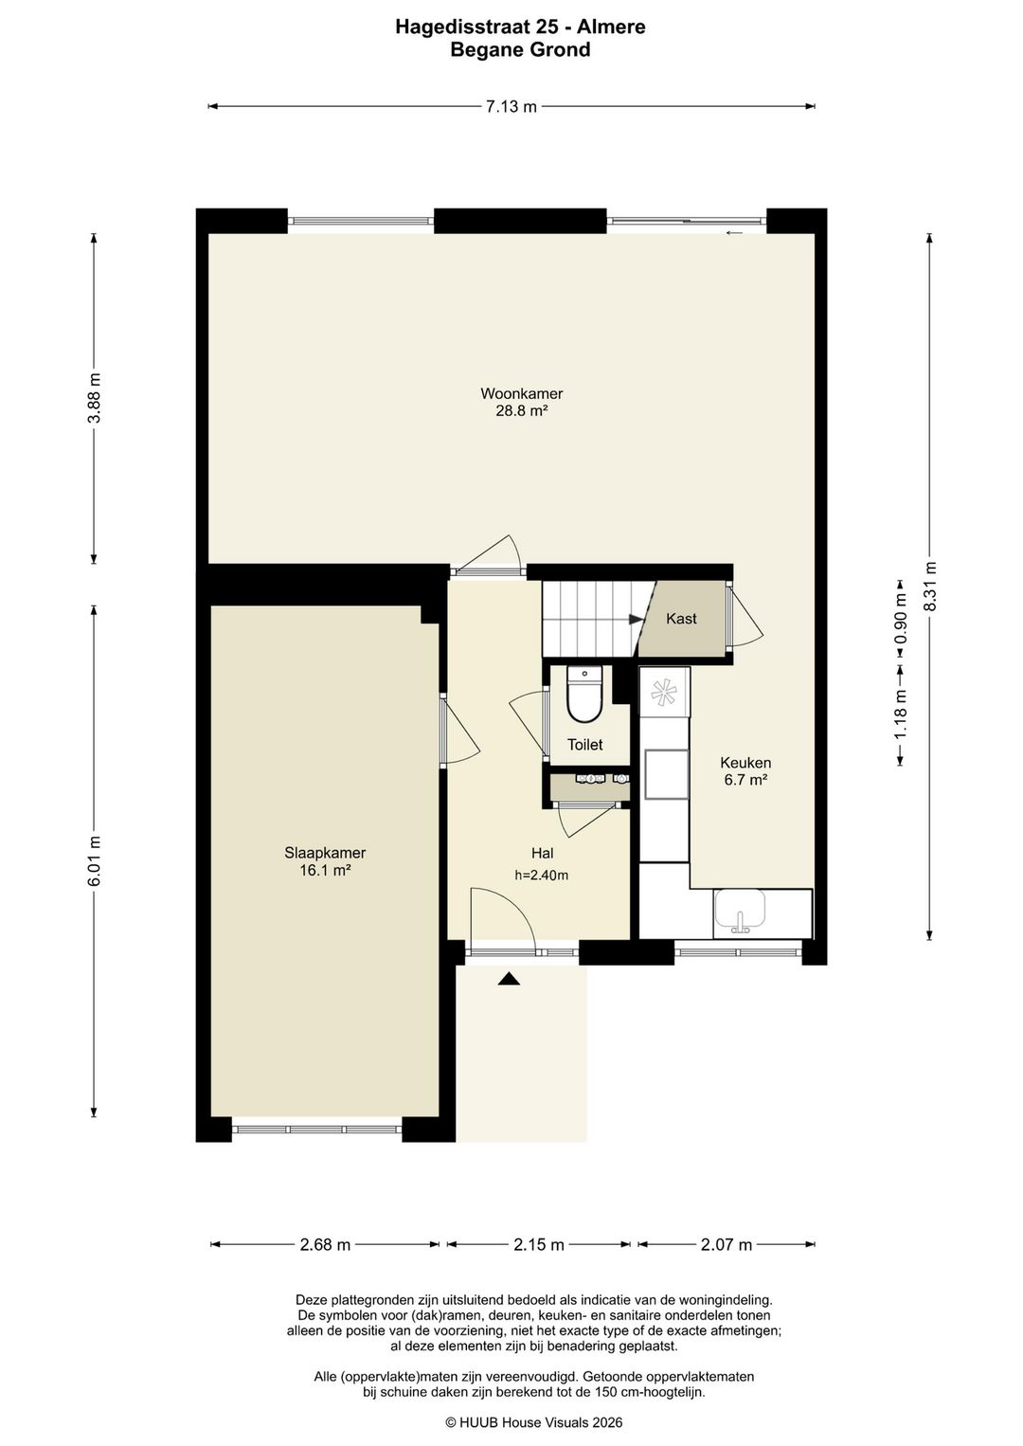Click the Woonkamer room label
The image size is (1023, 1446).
[x=522, y=393]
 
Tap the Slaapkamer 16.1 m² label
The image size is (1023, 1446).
[x=325, y=861]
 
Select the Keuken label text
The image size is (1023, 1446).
[x=745, y=763]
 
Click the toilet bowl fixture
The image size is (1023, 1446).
[x=584, y=695]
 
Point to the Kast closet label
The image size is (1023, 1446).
[x=682, y=619]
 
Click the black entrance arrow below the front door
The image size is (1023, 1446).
[x=509, y=979]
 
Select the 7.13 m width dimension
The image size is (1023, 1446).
[x=511, y=106]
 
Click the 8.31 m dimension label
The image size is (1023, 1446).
[x=929, y=586]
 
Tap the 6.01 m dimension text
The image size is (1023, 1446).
[x=95, y=860]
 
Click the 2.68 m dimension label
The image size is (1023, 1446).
[x=325, y=1244]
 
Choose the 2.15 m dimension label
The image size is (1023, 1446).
[x=539, y=1244]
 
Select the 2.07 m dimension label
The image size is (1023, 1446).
[x=727, y=1244]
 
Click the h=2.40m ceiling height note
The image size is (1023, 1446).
[x=542, y=876]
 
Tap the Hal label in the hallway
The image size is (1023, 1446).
[x=542, y=853]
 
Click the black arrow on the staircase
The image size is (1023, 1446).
[x=637, y=619]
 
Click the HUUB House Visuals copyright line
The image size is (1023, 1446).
[x=534, y=1422]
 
